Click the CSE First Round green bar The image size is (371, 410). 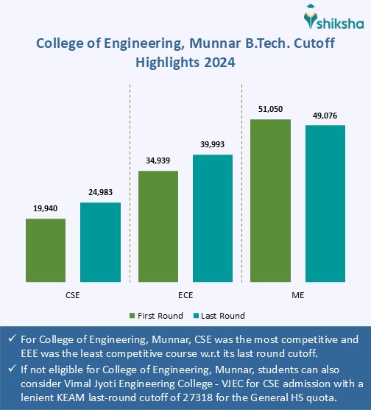click(46, 250)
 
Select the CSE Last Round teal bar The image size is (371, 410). click(100, 242)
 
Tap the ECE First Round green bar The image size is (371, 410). click(158, 227)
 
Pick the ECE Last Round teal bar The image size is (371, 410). click(212, 219)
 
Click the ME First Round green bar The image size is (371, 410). click(270, 200)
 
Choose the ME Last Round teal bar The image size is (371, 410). click(325, 204)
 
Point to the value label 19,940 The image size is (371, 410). click(46, 209)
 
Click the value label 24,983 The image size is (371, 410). click(100, 193)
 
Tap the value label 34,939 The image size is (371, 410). click(158, 161)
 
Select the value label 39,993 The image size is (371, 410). click(212, 145)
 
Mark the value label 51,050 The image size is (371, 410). click(270, 109)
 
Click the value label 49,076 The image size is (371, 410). click(325, 116)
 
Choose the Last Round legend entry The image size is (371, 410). click(219, 316)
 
